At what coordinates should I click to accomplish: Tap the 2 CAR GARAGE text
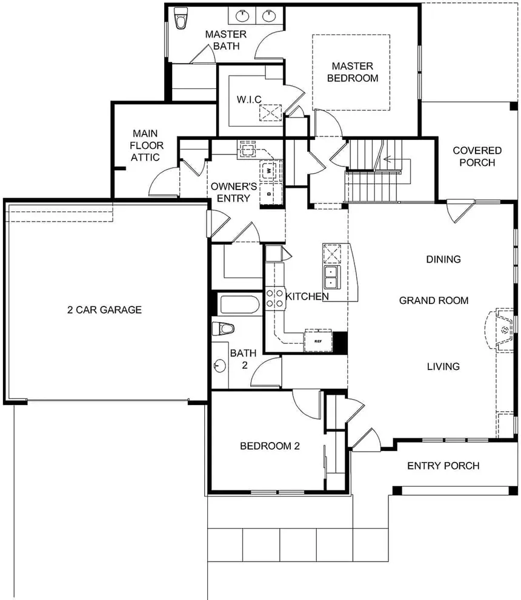point(104,310)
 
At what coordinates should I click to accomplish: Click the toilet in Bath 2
point(224,329)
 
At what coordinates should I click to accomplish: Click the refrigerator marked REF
point(317,341)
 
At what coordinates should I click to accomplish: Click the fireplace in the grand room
point(502,331)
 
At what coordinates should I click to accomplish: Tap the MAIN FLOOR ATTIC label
point(146,145)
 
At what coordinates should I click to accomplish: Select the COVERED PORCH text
point(477,156)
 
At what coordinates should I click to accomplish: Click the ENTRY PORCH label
point(443,466)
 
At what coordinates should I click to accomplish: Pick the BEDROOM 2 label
point(270,446)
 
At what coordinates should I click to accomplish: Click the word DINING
point(443,259)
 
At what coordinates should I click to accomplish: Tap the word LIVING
point(443,366)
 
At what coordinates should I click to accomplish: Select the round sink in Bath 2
point(219,366)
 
